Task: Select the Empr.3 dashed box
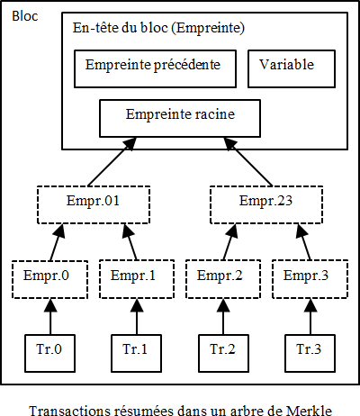pos(306,276)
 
